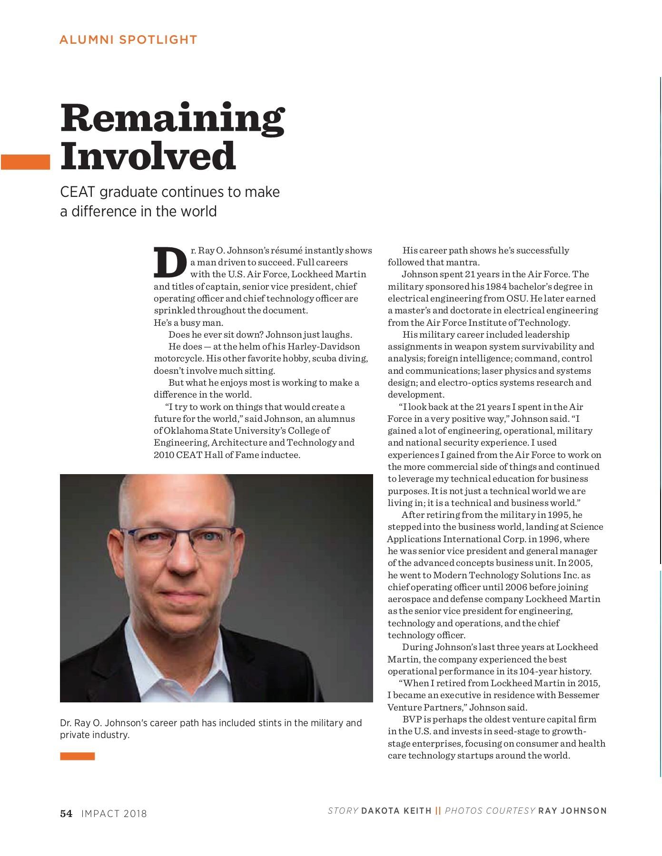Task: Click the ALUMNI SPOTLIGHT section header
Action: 128,40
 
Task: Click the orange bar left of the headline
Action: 25,162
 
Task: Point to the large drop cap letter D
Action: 170,262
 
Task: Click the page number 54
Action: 66,814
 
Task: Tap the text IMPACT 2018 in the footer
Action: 114,814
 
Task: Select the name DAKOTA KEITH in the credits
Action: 396,811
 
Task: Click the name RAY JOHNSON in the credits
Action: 573,811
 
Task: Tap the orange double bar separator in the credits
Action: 438,811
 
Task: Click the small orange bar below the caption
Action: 77,756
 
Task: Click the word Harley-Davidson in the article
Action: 324,346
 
